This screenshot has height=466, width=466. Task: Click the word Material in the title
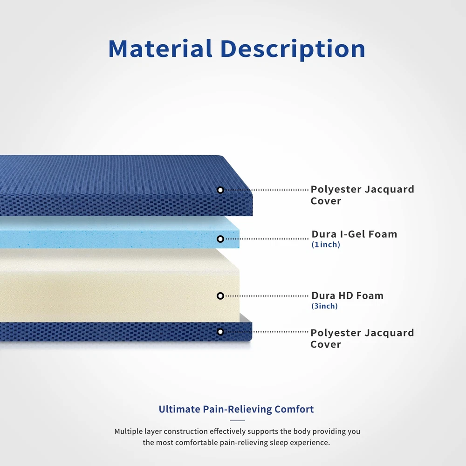click(x=160, y=48)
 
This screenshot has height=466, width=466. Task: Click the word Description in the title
click(x=293, y=49)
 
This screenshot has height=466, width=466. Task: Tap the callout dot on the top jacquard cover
click(x=220, y=190)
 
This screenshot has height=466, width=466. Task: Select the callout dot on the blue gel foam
click(x=220, y=239)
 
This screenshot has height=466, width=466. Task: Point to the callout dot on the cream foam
click(x=220, y=296)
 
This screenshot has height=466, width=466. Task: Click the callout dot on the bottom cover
click(x=220, y=332)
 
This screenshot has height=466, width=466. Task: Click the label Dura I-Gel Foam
click(x=354, y=234)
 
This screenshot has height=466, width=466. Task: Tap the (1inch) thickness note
click(x=326, y=245)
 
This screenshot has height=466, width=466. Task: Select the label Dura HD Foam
click(x=348, y=296)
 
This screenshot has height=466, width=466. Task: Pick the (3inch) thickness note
click(x=324, y=306)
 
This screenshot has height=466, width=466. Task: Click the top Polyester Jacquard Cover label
click(x=362, y=195)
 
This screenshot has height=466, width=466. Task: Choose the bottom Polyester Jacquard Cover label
click(x=362, y=338)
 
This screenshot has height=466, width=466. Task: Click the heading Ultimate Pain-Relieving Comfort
click(x=236, y=409)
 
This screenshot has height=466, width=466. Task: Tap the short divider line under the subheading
click(x=237, y=420)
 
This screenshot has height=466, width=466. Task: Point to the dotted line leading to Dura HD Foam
click(x=266, y=296)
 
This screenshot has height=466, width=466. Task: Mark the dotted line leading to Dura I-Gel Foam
click(x=266, y=239)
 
